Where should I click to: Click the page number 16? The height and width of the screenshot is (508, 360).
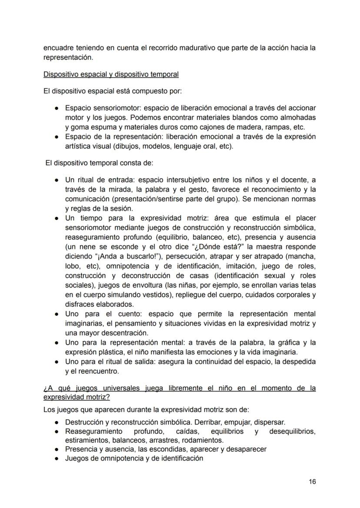(x=312, y=481)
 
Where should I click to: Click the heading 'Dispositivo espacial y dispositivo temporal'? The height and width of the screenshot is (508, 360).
(x=111, y=74)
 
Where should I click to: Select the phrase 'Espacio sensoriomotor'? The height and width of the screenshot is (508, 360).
(x=102, y=108)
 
